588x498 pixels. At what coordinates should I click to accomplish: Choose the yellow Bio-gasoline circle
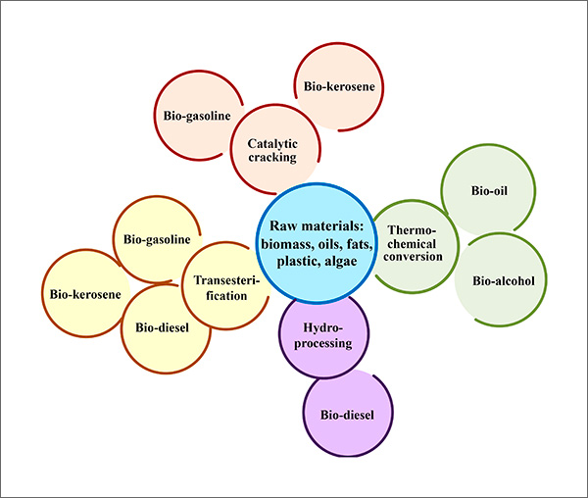(x=157, y=240)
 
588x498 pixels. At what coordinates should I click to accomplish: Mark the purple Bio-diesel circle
(x=348, y=415)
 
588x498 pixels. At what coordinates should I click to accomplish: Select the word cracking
(x=271, y=157)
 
